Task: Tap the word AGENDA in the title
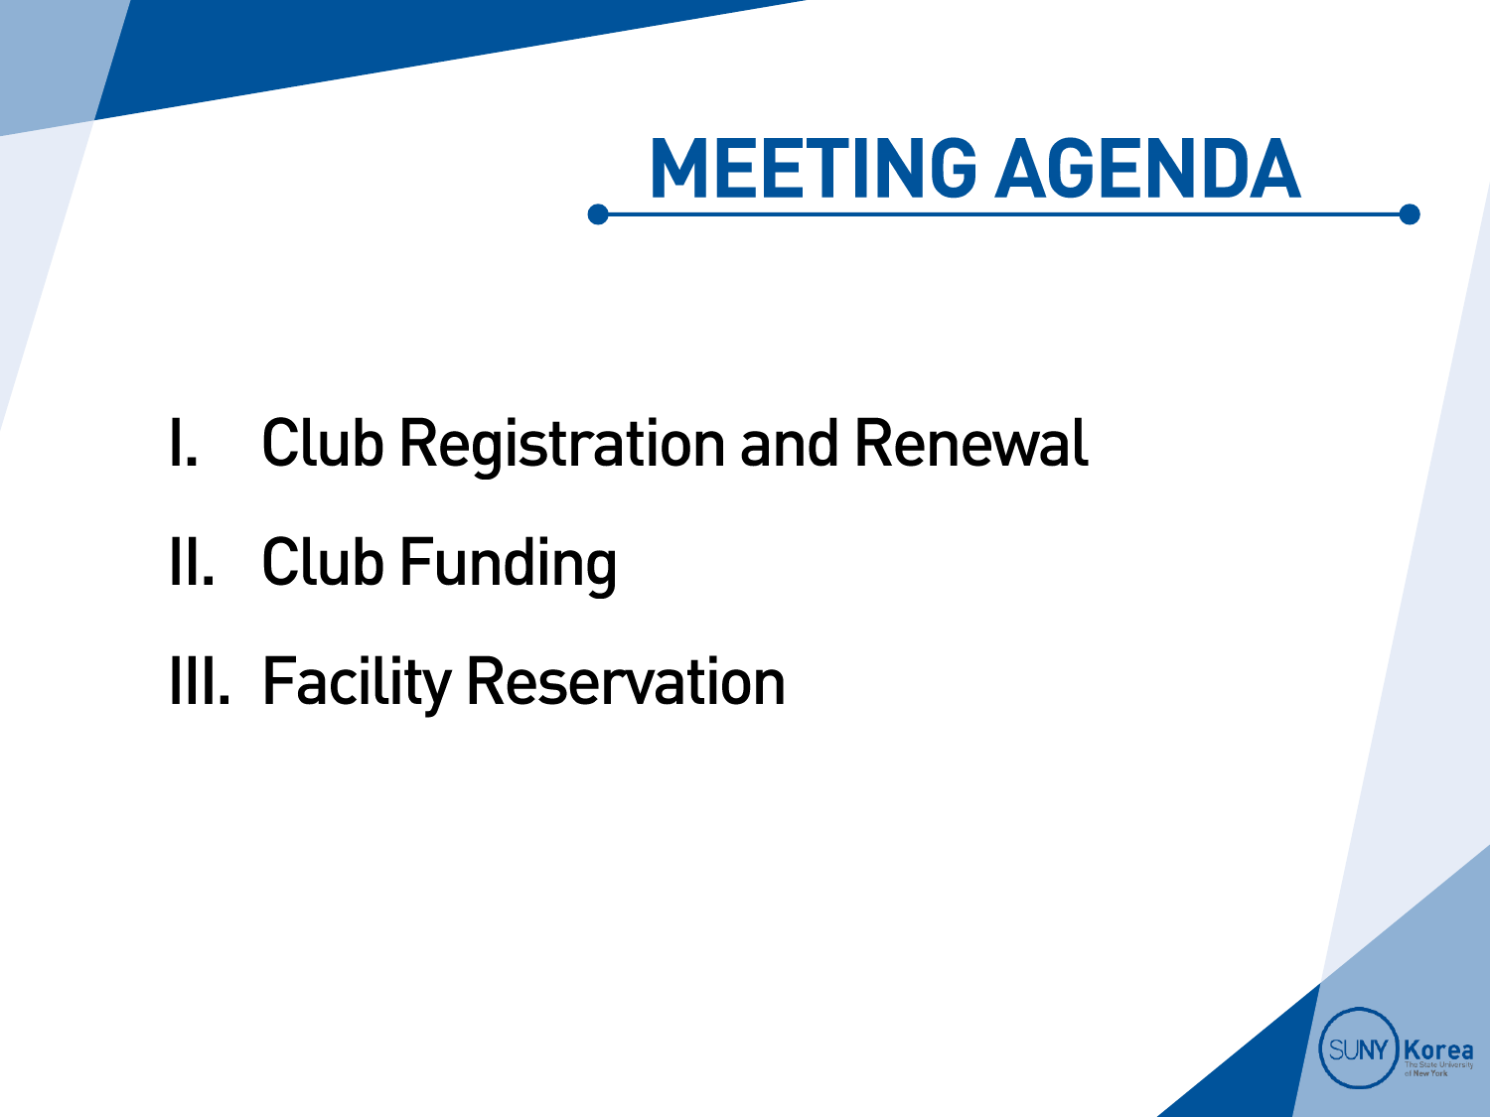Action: pos(1148,168)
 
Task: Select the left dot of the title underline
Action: pos(597,214)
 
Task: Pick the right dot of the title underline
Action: pos(1410,214)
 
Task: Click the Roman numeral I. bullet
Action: pos(184,444)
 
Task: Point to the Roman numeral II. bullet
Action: pos(192,562)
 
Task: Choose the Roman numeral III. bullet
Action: pos(201,681)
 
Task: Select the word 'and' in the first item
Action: pos(790,444)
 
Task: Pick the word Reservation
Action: pos(626,681)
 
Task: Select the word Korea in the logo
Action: pos(1438,1050)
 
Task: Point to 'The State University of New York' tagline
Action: pos(1438,1069)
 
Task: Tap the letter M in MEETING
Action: pos(678,168)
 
